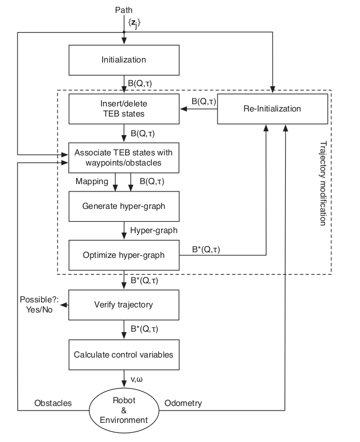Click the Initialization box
point(123,60)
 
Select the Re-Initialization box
point(272,109)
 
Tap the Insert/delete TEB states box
point(123,109)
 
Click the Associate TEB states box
point(123,158)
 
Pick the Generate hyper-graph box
point(123,206)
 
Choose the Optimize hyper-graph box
point(123,255)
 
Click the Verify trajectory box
point(123,305)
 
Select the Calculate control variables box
point(123,355)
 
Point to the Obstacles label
point(54,404)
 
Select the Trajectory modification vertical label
point(323,183)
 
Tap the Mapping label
point(91,182)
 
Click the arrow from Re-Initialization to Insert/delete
point(198,109)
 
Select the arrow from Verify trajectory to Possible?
point(64,305)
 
